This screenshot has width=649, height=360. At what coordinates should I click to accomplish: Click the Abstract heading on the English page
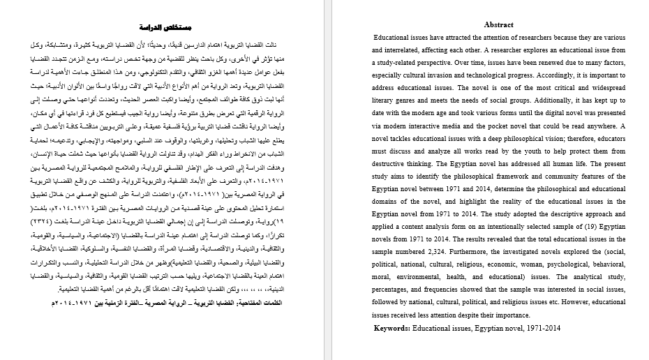click(498, 24)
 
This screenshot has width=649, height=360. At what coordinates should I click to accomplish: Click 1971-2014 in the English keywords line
click(544, 328)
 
